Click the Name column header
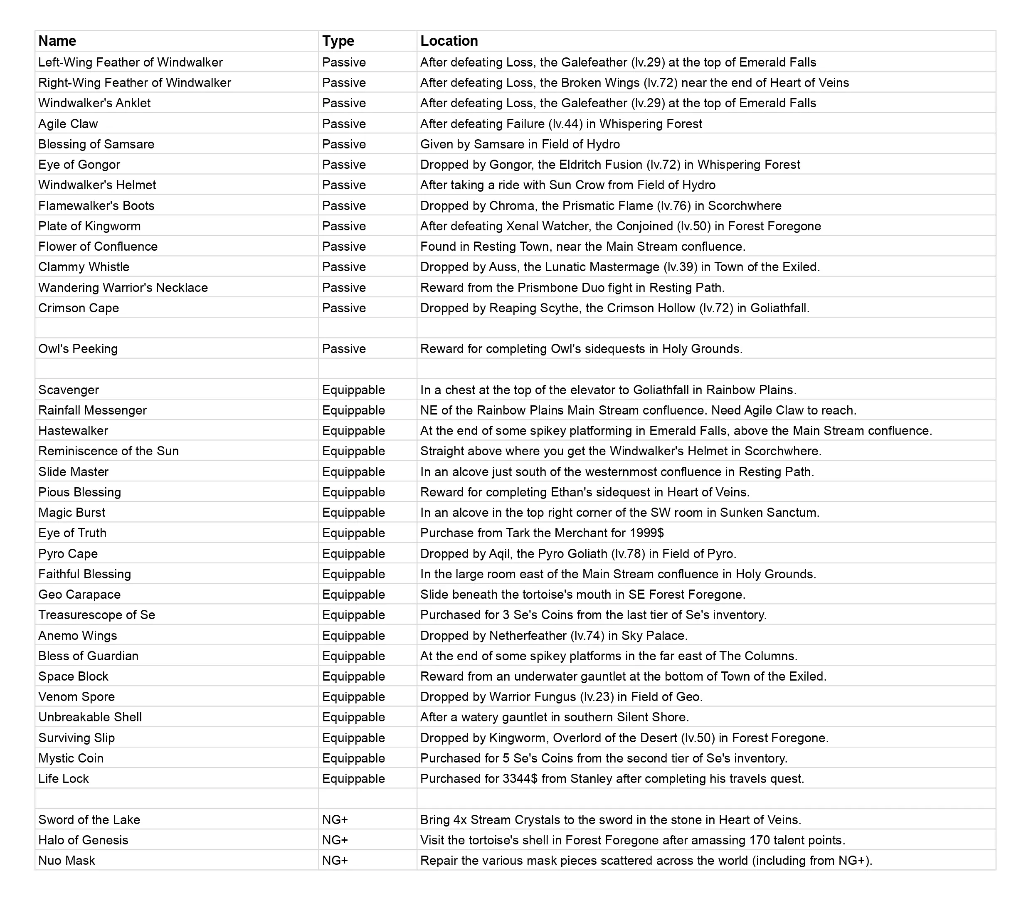click(x=57, y=41)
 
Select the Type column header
click(x=338, y=41)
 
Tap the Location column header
click(x=449, y=41)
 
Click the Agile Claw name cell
click(x=68, y=123)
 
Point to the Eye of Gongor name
click(x=79, y=165)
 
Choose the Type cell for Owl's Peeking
click(x=344, y=348)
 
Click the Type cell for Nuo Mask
click(x=335, y=861)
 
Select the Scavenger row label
click(x=69, y=390)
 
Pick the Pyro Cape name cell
click(x=68, y=554)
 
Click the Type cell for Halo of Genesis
click(x=335, y=840)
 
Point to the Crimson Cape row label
click(x=79, y=308)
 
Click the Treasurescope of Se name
click(x=97, y=615)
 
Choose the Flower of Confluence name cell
click(x=98, y=247)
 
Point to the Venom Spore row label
click(x=76, y=697)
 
